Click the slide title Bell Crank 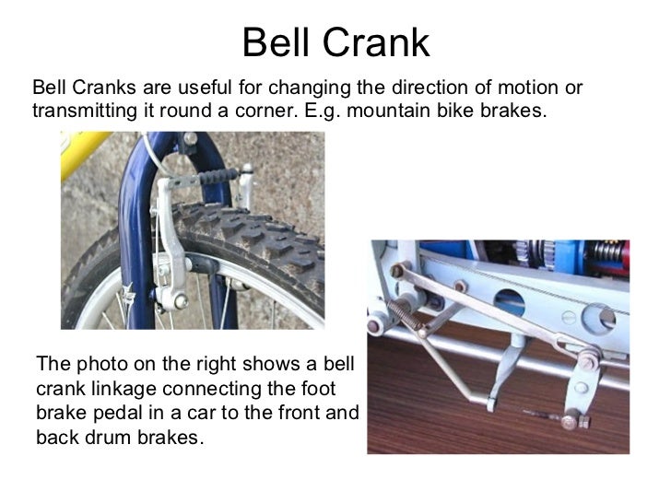tap(335, 41)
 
